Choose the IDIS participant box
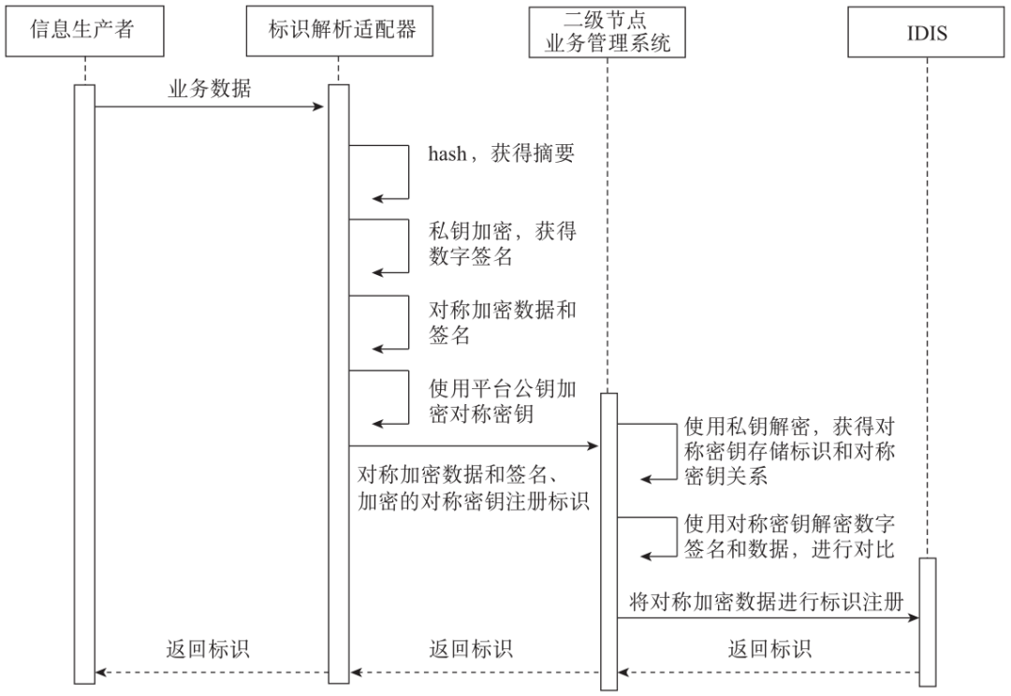click(927, 34)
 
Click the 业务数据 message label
click(209, 90)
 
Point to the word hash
click(447, 154)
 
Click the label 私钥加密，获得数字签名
click(502, 243)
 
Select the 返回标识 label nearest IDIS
click(769, 648)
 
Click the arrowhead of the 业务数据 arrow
click(318, 107)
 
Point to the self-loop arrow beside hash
click(407, 173)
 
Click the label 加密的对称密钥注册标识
click(473, 500)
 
